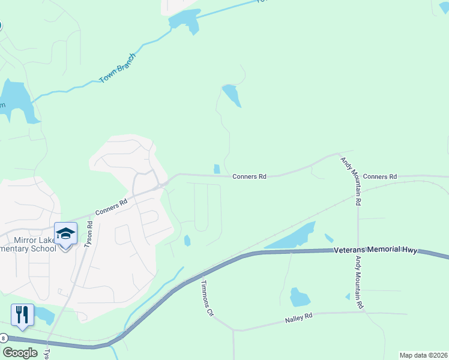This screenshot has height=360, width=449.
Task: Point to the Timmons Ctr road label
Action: click(207, 298)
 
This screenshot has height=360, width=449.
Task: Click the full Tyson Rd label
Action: click(89, 233)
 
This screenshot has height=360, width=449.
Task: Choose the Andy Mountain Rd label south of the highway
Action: click(358, 282)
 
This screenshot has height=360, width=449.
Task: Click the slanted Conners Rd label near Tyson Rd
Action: click(111, 207)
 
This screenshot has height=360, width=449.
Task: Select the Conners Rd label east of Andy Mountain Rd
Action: click(380, 176)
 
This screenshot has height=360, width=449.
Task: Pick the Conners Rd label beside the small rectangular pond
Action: click(250, 176)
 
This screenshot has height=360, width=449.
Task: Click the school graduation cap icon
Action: click(65, 233)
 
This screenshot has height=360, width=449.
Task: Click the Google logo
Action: click(20, 352)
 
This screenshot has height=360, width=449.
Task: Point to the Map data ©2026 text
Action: click(423, 355)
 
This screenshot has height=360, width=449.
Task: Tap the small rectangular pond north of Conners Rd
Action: click(217, 169)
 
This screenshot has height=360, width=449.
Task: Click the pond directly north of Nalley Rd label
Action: click(299, 297)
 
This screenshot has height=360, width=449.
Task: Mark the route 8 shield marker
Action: click(4, 338)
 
